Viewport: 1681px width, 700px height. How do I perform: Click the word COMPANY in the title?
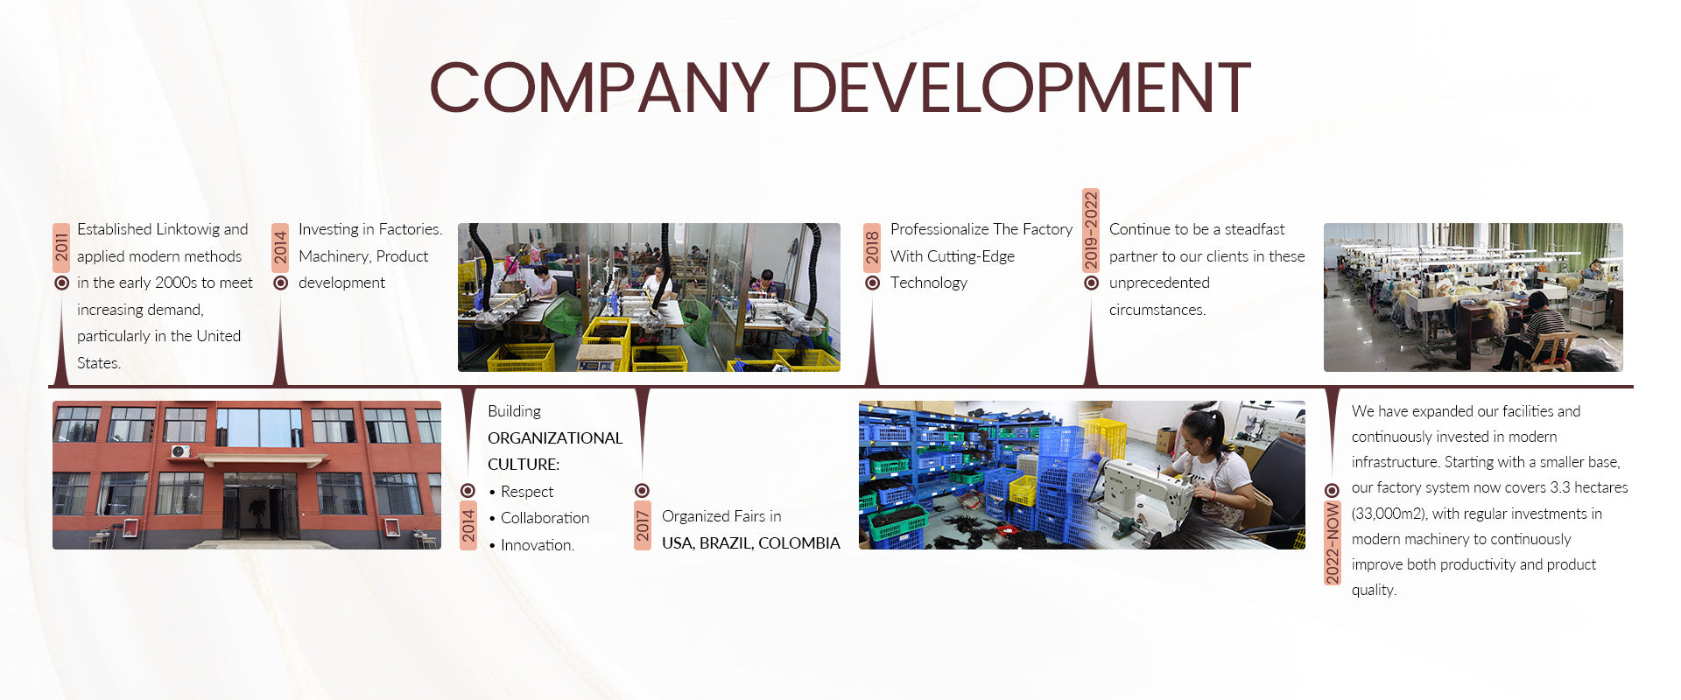tap(600, 87)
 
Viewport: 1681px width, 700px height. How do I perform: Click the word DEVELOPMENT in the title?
tap(1022, 87)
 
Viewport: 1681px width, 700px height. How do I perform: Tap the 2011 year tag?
tap(61, 248)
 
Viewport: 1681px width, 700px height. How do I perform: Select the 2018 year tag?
tap(872, 248)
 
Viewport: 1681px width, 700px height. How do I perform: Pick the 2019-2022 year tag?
tap(1091, 230)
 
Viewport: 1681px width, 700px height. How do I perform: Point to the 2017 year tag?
tap(643, 526)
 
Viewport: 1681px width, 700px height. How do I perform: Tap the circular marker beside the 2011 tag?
tap(61, 283)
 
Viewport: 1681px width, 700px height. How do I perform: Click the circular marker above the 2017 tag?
tap(642, 491)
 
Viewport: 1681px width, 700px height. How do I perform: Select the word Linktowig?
tap(188, 229)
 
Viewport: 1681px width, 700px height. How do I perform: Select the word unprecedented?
tap(1159, 283)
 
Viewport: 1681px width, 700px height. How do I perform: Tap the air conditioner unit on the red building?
tap(180, 451)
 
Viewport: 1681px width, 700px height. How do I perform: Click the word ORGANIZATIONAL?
tap(555, 438)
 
